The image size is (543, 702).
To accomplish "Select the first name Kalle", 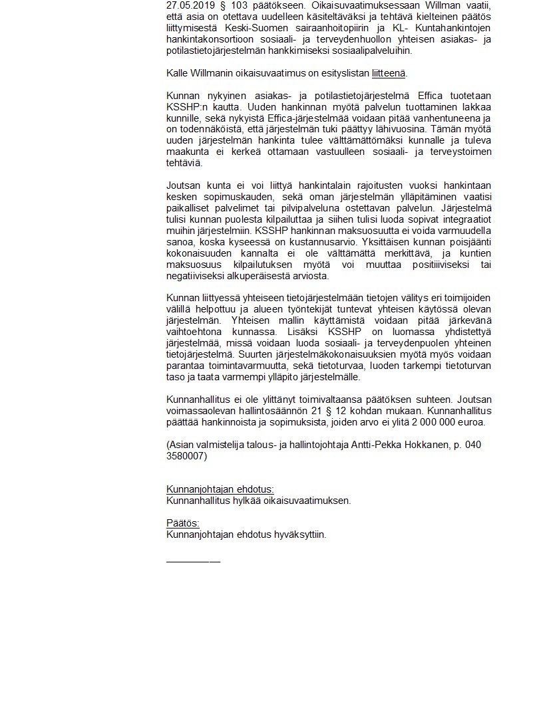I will (x=177, y=73).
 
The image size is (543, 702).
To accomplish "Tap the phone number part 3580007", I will (x=187, y=455).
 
